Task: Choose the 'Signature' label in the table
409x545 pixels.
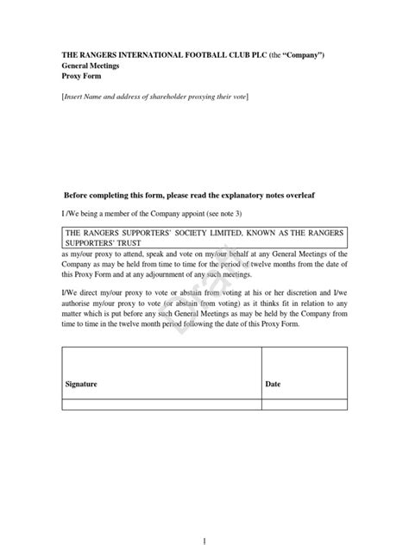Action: click(81, 384)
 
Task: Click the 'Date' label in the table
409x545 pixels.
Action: click(273, 384)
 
